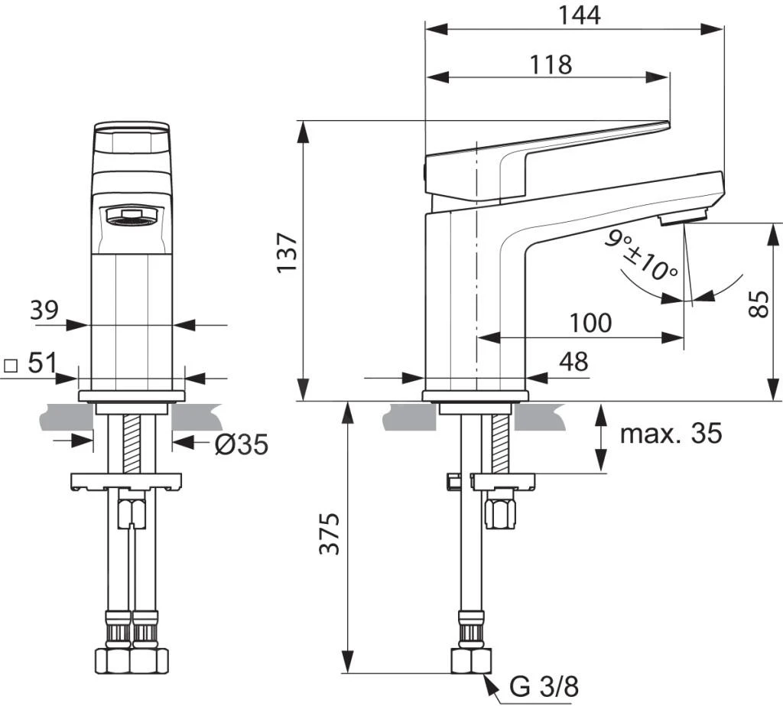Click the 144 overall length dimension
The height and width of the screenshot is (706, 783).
point(580,15)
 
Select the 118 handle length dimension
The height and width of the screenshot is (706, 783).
point(551,64)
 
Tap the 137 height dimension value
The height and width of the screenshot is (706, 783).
point(288,254)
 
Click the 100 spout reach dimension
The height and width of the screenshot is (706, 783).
point(590,323)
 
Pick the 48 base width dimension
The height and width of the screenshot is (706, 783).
point(573,362)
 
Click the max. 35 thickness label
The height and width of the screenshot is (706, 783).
point(670,434)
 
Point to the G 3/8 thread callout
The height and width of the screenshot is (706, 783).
point(544,686)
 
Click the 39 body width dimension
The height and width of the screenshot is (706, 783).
point(44,311)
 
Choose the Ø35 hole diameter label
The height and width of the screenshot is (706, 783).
point(241,444)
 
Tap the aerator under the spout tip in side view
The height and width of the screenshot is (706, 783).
point(684,220)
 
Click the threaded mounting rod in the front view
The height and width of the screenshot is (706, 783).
point(132,444)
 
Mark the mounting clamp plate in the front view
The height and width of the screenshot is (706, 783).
point(128,482)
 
